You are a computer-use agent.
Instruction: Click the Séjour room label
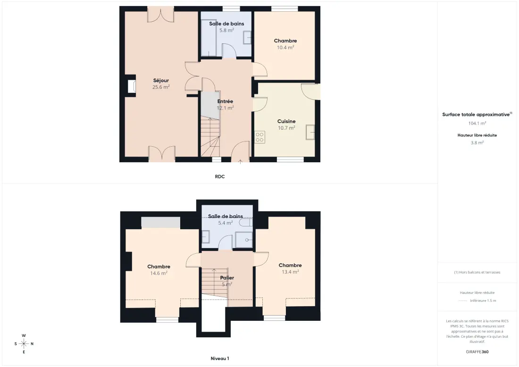[x=161, y=80]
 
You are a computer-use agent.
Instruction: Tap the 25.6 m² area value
[x=161, y=87]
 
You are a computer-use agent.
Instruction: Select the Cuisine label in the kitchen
[x=286, y=121]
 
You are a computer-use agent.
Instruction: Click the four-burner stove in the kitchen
[x=260, y=137]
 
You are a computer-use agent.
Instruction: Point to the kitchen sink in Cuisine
[x=310, y=132]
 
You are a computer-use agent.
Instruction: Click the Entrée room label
[x=225, y=101]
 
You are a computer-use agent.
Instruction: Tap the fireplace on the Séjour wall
[x=132, y=87]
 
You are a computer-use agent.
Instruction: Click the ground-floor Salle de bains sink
[x=247, y=37]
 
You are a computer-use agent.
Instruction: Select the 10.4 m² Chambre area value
[x=285, y=47]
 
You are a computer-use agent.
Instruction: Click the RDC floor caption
[x=220, y=176]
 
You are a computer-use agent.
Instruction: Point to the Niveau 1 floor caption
[x=220, y=359]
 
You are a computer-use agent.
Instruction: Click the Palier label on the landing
[x=227, y=278]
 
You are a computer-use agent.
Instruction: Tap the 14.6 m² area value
[x=159, y=273]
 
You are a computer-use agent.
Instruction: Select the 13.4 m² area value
[x=290, y=272]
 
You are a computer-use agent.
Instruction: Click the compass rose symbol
[x=24, y=344]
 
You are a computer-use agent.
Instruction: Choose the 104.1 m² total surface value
[x=477, y=123]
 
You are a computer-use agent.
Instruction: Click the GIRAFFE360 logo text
[x=477, y=352]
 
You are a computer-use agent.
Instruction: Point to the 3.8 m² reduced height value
[x=477, y=142]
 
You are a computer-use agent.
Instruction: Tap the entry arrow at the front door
[x=240, y=161]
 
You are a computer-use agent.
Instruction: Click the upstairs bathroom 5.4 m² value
[x=226, y=223]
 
